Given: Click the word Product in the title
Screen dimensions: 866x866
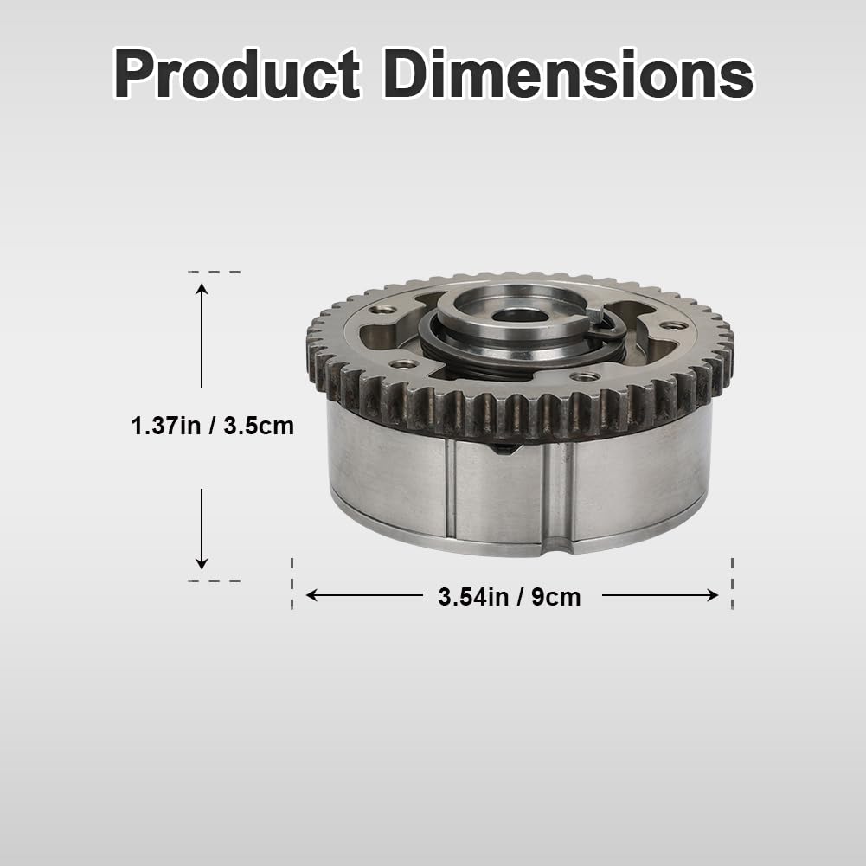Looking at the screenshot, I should click(x=236, y=75).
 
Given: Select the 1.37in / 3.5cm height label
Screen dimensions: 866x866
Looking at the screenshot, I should click(x=213, y=426).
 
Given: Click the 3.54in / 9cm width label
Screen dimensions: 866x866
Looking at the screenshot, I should click(x=510, y=596).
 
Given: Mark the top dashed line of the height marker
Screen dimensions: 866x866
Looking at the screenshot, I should click(x=213, y=272).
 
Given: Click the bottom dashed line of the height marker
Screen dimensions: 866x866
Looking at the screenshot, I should click(x=213, y=581).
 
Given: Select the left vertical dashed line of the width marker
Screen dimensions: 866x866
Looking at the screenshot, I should click(x=292, y=584).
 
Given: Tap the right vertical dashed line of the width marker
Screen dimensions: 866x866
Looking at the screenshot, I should click(x=733, y=584).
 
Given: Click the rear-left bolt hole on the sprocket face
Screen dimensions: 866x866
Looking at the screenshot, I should click(x=378, y=309).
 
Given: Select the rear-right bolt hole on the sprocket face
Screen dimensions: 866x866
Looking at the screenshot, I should click(x=673, y=325).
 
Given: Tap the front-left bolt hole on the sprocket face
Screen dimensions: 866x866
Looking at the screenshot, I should click(x=401, y=364).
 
